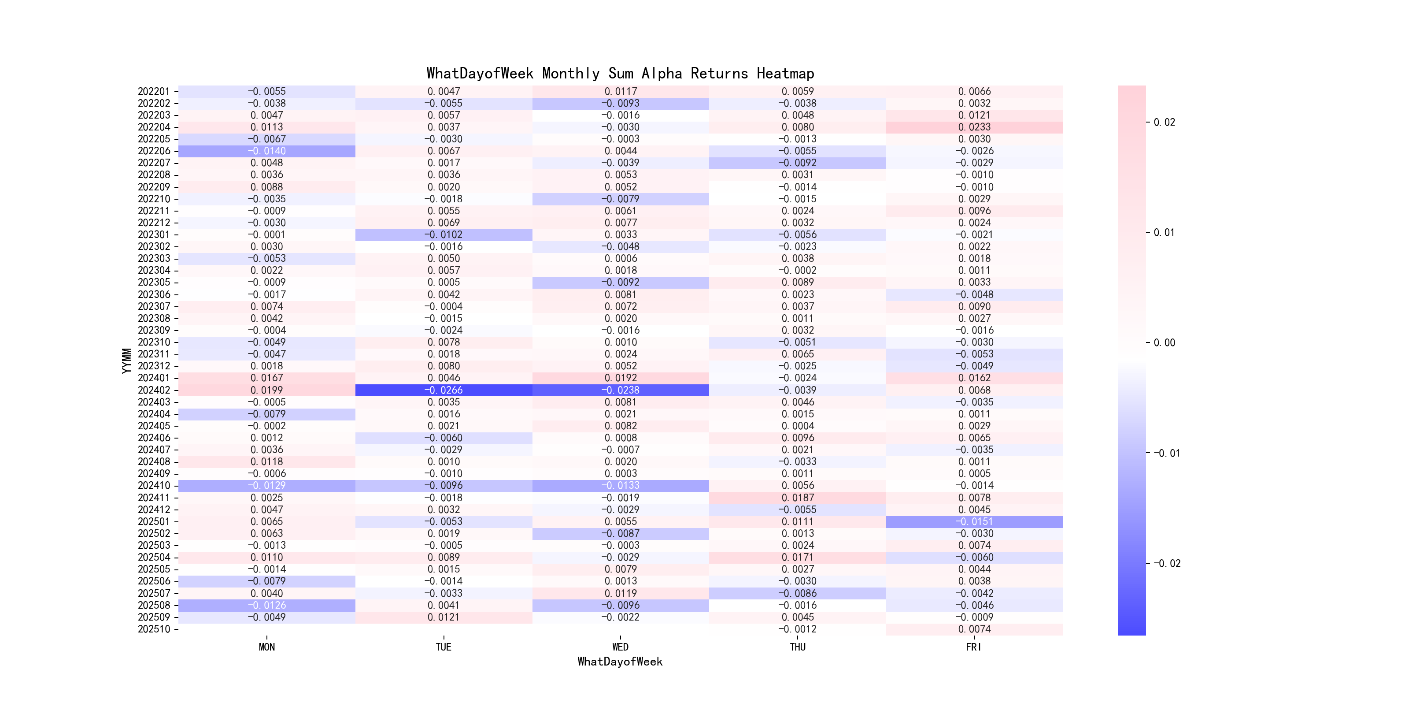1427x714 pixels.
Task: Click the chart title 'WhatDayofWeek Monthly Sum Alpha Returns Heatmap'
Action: click(620, 73)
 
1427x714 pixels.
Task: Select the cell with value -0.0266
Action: click(443, 390)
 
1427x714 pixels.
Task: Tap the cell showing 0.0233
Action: click(974, 127)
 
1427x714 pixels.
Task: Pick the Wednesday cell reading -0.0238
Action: click(621, 390)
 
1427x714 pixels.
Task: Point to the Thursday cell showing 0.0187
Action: click(798, 498)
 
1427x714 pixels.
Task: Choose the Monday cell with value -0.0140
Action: click(266, 151)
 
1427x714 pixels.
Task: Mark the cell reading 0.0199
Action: click(266, 390)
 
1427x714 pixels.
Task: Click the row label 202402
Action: click(154, 390)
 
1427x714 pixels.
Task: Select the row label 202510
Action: click(154, 629)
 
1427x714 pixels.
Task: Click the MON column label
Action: click(266, 647)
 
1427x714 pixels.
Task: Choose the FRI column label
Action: click(974, 647)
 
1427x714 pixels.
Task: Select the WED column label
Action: click(621, 647)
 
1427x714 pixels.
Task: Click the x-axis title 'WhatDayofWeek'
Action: click(620, 662)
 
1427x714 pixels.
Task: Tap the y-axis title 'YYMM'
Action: click(126, 361)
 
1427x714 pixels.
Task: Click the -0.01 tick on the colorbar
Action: click(1166, 454)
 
